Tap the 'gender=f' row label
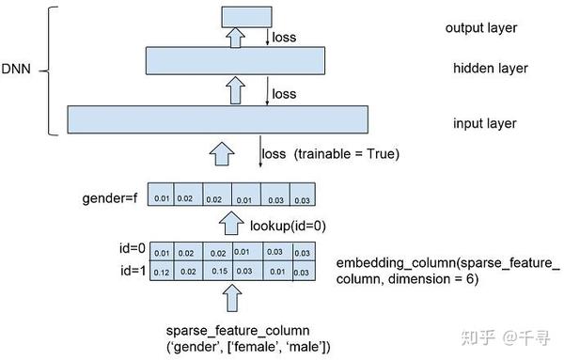[x=109, y=199]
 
